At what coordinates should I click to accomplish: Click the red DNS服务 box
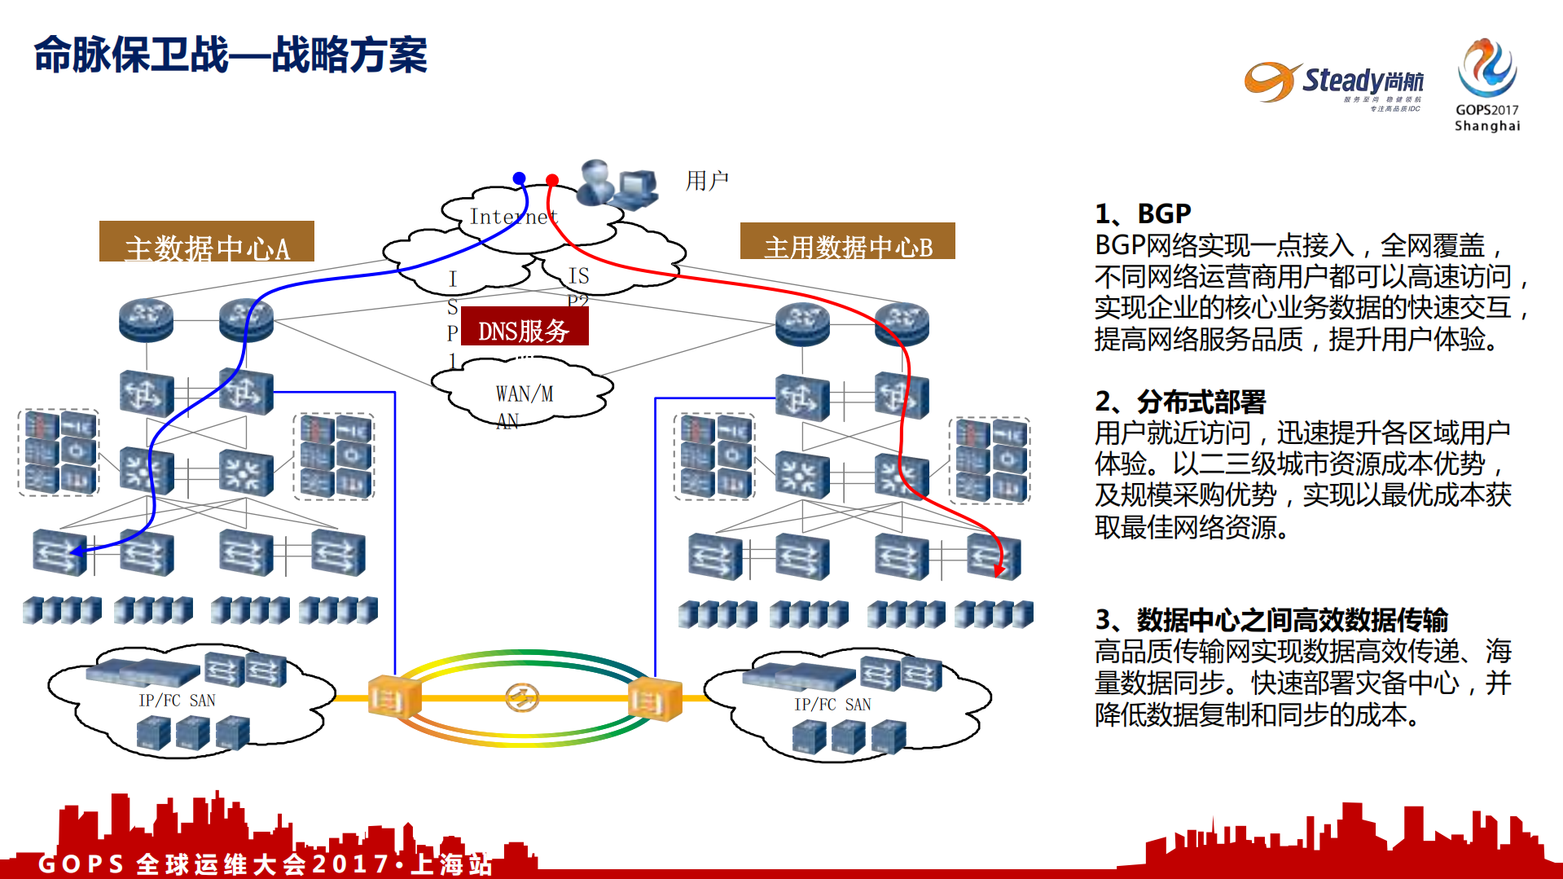(524, 327)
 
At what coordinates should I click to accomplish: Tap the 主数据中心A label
(206, 243)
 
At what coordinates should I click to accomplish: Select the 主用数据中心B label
(847, 242)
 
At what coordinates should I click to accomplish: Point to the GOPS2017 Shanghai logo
(1486, 85)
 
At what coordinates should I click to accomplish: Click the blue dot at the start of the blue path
(519, 178)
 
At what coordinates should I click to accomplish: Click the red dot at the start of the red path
(552, 179)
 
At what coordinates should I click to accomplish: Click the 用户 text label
(706, 180)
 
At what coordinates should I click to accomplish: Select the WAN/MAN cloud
(522, 395)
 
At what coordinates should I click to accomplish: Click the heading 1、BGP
(1143, 213)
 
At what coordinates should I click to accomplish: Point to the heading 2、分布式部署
(1180, 402)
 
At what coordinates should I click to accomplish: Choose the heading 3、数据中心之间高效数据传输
(1271, 620)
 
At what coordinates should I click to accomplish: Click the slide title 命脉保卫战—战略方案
(230, 55)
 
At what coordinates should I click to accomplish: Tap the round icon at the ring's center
(521, 697)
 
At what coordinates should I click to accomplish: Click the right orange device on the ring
(654, 700)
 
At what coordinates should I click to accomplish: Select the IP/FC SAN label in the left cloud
(177, 701)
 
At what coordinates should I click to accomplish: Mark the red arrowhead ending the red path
(999, 569)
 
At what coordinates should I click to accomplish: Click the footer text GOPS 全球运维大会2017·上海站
(266, 864)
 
